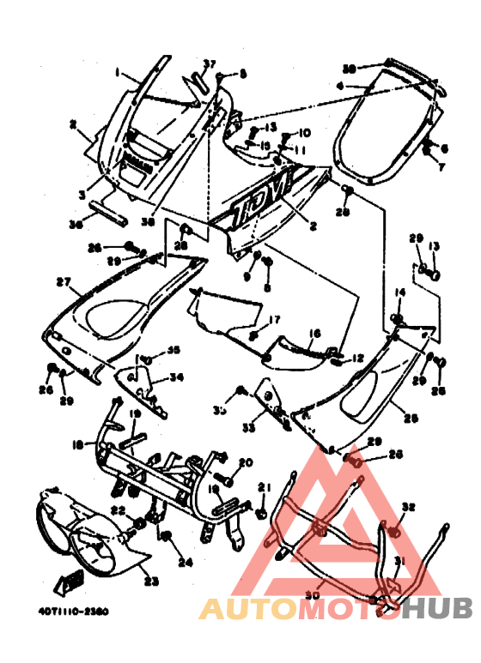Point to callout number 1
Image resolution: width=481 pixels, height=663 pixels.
click(x=118, y=74)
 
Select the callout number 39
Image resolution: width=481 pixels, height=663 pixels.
click(x=349, y=68)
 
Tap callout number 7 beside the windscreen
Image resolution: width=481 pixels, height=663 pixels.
click(x=444, y=166)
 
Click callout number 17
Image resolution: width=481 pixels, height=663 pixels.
click(x=275, y=319)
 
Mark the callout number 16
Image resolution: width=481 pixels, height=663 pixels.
click(x=314, y=333)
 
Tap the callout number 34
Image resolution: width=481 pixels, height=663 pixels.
click(x=176, y=376)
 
